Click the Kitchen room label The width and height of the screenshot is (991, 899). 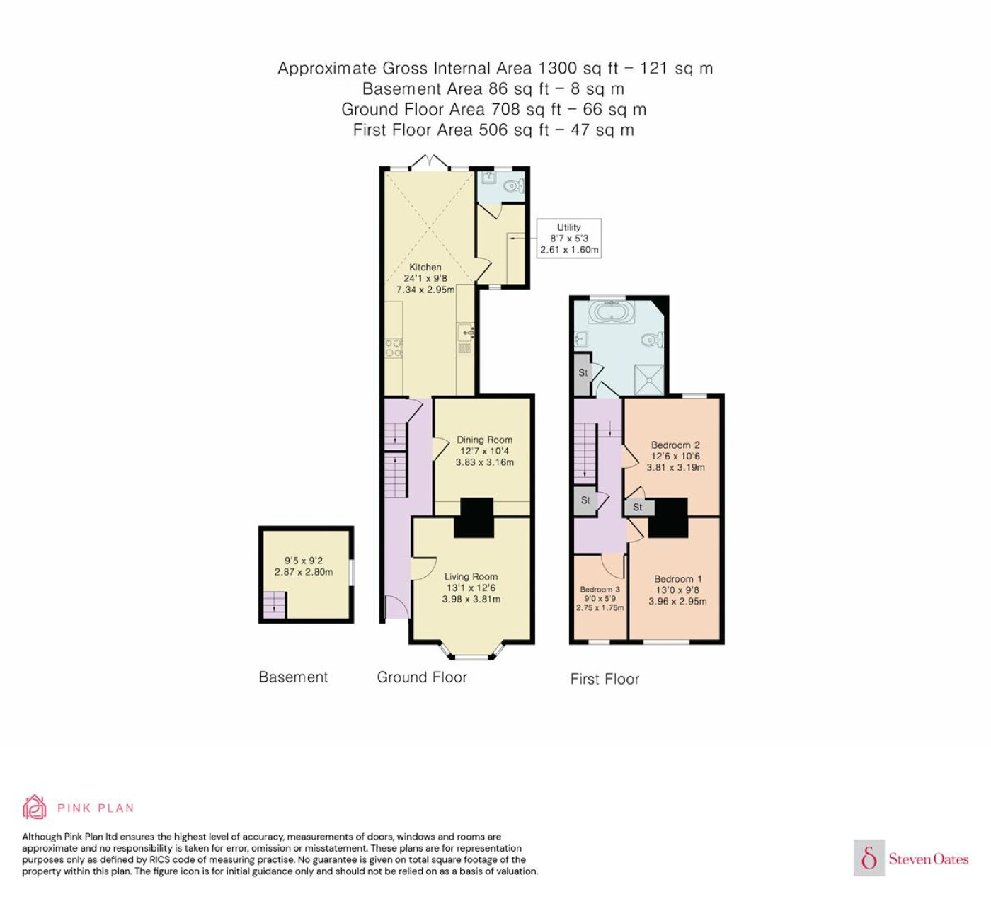[x=425, y=267]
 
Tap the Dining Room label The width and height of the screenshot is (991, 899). [x=484, y=440]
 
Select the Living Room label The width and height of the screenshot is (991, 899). [x=471, y=576]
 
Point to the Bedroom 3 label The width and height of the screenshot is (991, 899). [x=600, y=589]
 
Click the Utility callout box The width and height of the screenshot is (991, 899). [x=568, y=239]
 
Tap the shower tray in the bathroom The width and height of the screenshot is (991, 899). [x=648, y=379]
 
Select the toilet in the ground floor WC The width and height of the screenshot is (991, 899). [x=514, y=186]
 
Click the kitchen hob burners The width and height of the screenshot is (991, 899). [x=394, y=348]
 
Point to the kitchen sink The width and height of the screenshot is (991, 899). [x=465, y=333]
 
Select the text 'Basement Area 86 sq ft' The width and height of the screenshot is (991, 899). [x=455, y=89]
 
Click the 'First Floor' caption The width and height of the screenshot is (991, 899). [x=605, y=679]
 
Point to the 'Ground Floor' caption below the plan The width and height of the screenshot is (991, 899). [x=421, y=677]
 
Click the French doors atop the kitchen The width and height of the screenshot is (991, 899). [x=430, y=162]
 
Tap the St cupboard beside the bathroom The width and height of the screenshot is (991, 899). [x=583, y=374]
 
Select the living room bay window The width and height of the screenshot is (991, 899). [x=471, y=651]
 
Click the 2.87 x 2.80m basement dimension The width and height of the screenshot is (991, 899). [x=304, y=572]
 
